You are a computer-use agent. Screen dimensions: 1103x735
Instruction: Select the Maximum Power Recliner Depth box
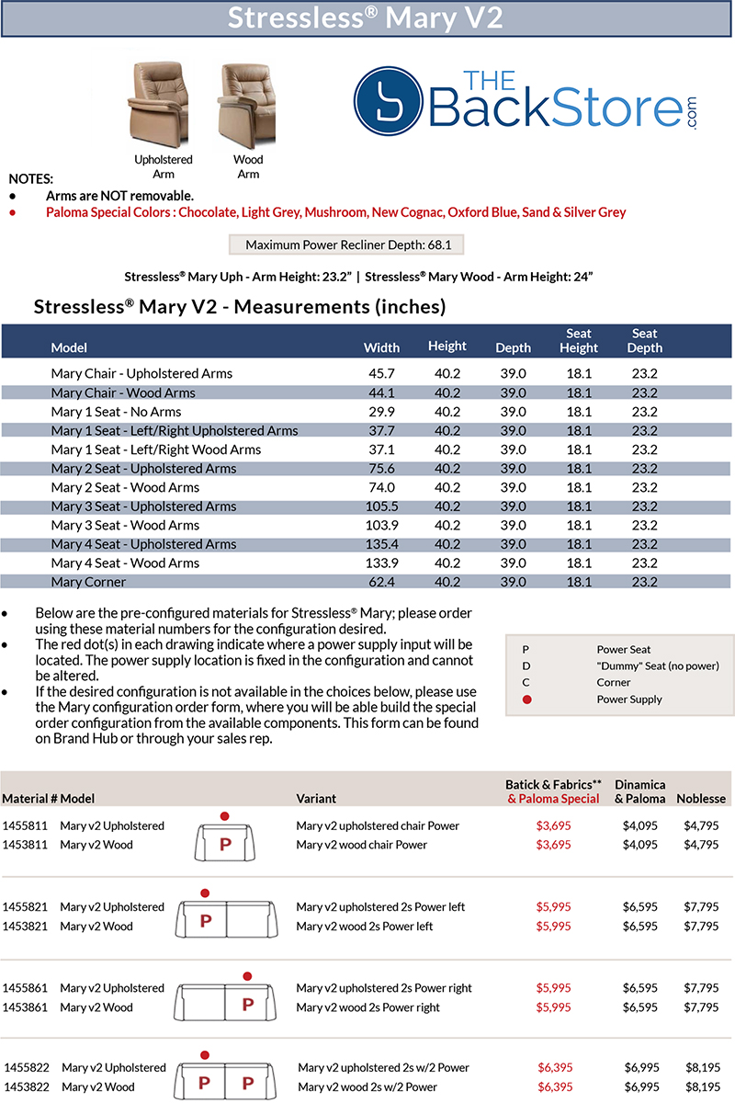point(346,245)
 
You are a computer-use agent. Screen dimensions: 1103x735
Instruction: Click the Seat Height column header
point(579,341)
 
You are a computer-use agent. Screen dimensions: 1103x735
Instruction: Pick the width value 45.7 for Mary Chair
point(381,374)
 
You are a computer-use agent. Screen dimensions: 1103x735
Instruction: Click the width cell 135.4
point(381,544)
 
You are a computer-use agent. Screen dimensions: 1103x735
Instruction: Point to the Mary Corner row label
point(88,582)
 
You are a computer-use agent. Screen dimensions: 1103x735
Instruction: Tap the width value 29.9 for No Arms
point(381,412)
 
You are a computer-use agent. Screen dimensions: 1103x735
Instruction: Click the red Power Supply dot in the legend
point(526,699)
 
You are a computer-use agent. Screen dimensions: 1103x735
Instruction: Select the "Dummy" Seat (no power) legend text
point(658,665)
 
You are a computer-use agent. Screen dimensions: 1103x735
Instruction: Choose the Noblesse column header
point(701,799)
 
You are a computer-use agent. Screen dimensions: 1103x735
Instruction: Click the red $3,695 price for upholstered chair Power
point(554,826)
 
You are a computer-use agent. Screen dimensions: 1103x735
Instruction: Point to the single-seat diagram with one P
point(223,838)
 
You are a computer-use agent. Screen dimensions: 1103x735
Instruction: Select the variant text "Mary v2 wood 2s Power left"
point(365,927)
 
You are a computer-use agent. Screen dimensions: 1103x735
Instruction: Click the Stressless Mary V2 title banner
point(367,18)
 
